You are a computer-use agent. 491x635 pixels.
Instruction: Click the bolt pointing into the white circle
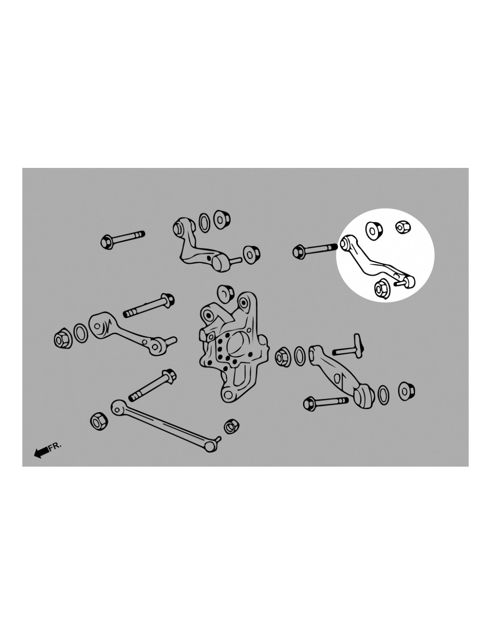click(x=315, y=250)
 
